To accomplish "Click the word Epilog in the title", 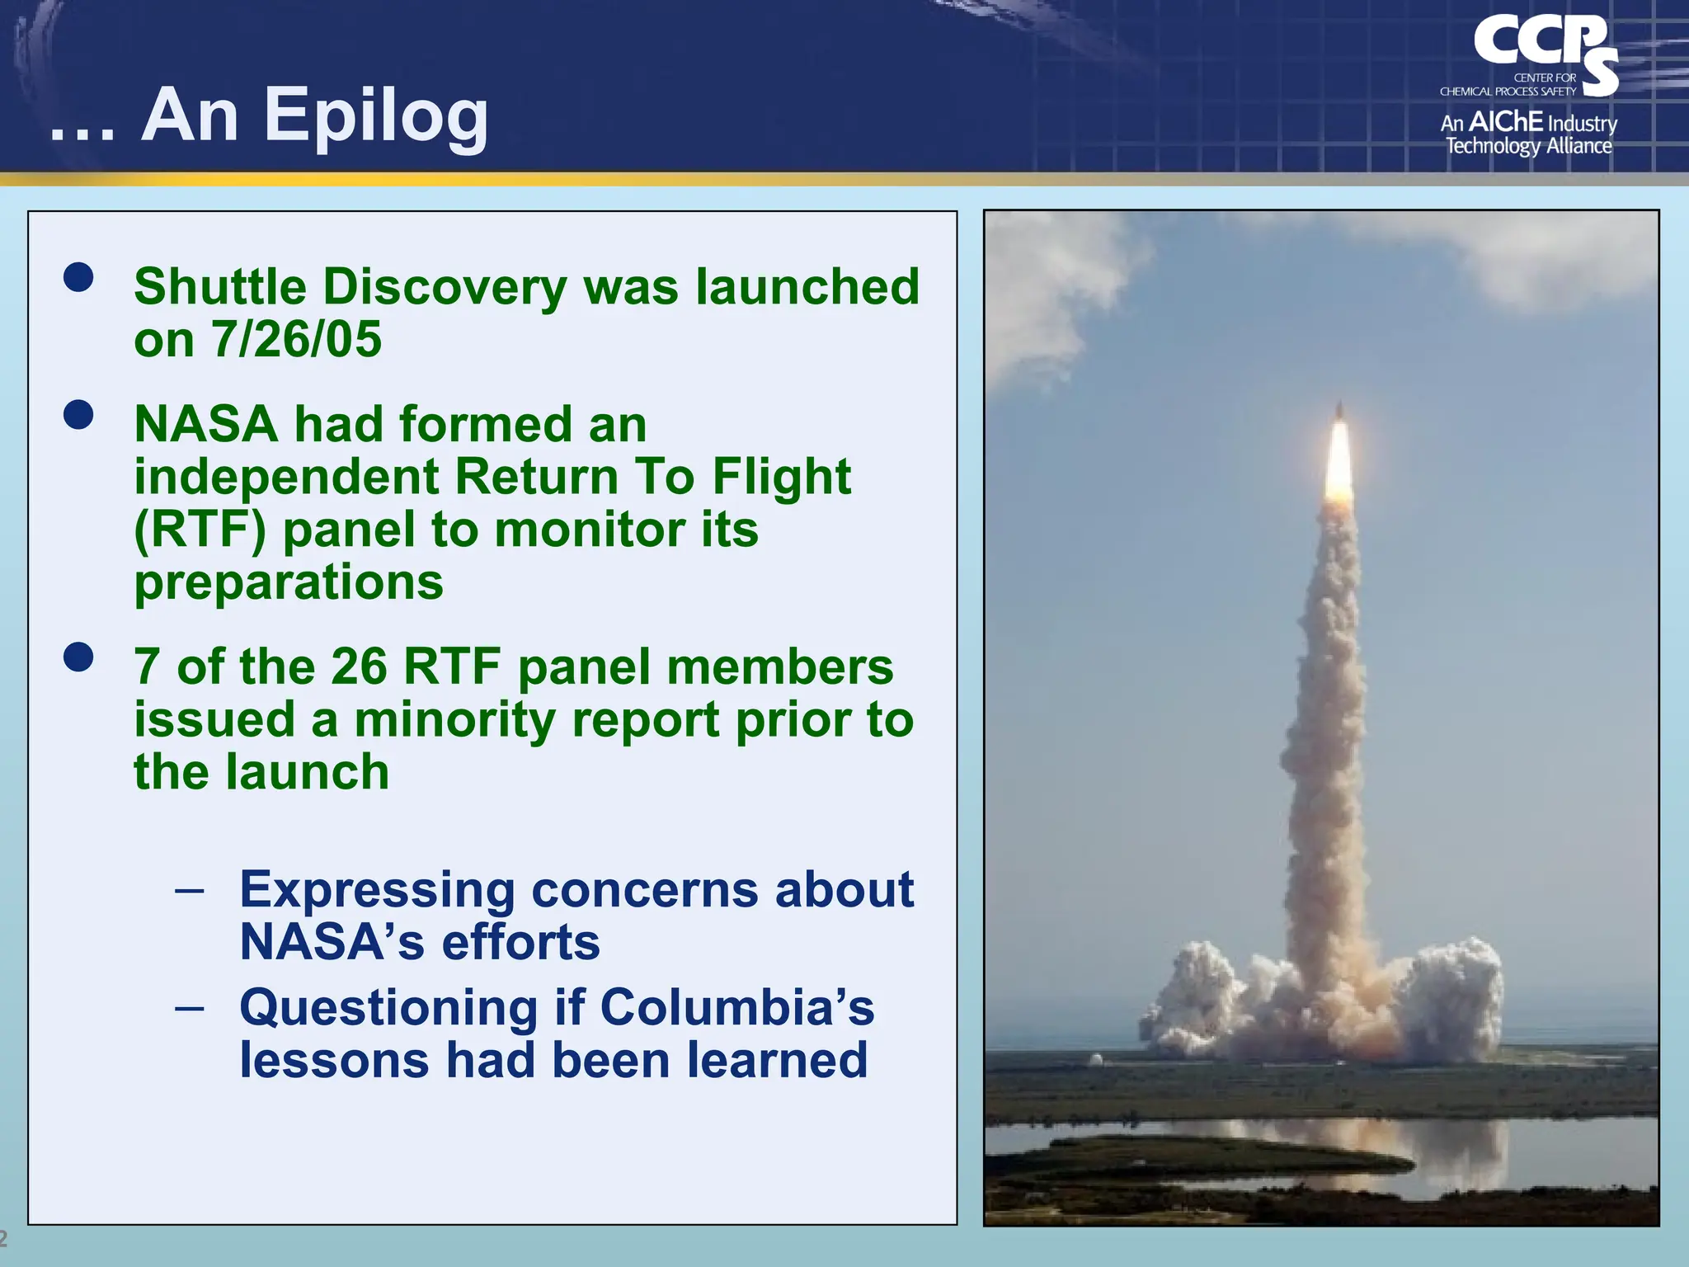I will tap(376, 118).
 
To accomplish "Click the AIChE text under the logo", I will tap(1506, 122).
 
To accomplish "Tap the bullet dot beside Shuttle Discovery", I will tap(78, 277).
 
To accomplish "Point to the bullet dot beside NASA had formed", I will tap(78, 415).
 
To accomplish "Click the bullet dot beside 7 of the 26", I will tap(78, 657).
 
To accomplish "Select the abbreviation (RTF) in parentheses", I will tap(200, 530).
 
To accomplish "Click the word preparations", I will tap(289, 582).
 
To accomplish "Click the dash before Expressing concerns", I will tap(190, 891).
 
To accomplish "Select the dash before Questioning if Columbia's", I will tap(190, 1008).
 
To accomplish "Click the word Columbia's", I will tap(736, 1008).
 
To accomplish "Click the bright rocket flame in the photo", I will tap(1338, 462).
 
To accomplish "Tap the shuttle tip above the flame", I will tap(1339, 409).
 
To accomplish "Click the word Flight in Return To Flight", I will tap(781, 477).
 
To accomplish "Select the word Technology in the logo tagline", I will tap(1493, 147).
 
